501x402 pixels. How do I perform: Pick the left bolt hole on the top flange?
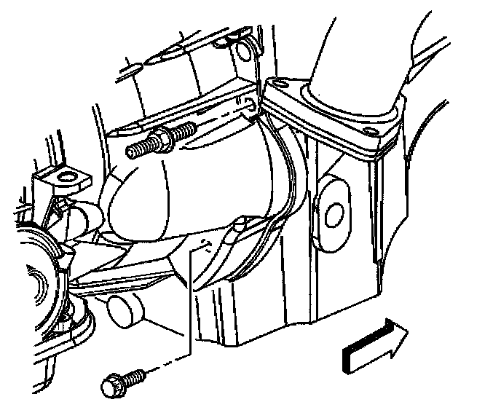pyautogui.click(x=277, y=88)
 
